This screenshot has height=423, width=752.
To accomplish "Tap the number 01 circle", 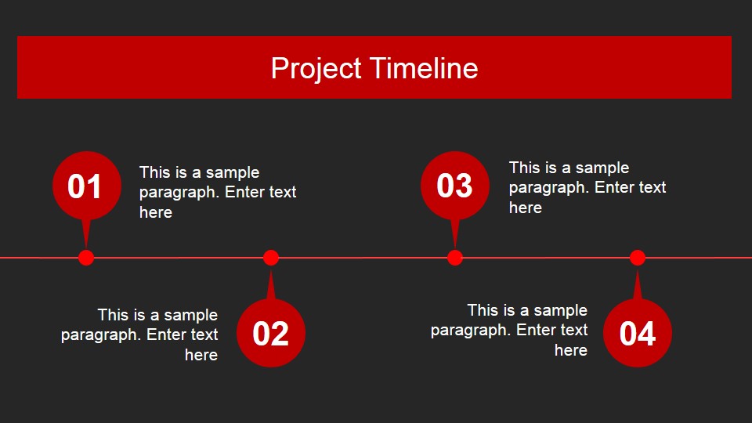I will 85,186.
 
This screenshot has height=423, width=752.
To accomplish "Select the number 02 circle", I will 271,333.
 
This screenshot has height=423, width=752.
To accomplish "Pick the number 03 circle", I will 454,186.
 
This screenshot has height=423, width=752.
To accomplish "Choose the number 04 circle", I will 638,333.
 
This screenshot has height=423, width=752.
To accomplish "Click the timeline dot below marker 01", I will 86,258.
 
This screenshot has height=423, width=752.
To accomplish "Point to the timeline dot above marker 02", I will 271,258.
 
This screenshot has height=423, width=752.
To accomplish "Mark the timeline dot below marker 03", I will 455,258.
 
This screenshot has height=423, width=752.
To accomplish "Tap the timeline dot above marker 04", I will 638,258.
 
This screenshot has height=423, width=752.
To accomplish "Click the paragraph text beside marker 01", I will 217,192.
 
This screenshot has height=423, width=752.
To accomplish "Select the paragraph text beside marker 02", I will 140,334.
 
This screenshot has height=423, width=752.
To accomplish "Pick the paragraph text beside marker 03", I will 587,187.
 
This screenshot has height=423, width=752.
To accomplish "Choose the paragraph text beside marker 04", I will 510,330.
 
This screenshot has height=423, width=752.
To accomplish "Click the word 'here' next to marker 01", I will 156,212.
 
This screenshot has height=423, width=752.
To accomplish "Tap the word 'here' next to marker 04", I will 571,350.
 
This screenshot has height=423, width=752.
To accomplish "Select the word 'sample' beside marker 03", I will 602,168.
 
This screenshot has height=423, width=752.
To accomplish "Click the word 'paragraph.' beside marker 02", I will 101,334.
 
